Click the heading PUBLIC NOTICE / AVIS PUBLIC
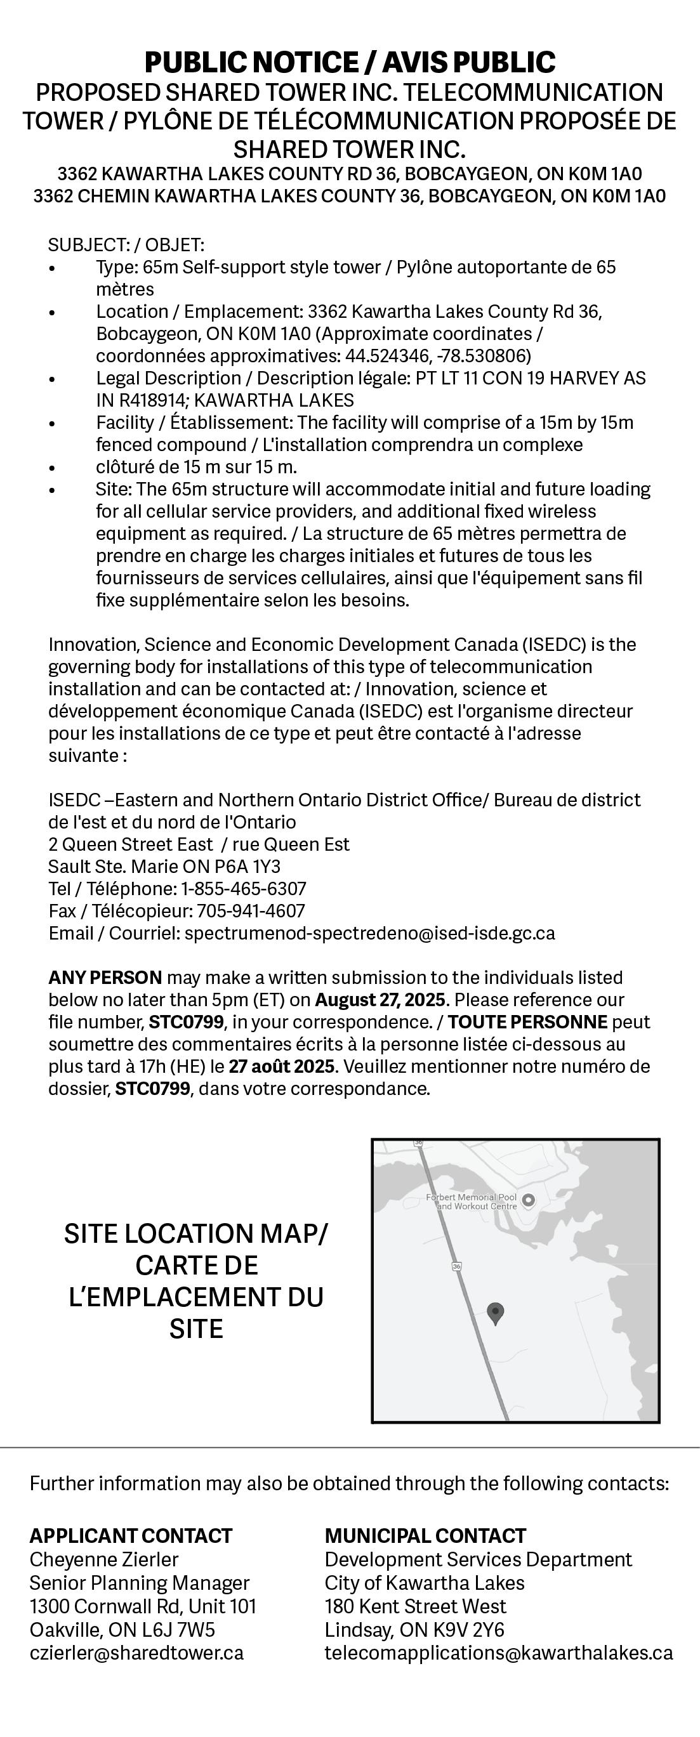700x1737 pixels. click(x=350, y=63)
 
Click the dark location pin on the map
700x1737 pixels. click(x=496, y=1312)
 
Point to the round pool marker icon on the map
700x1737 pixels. click(x=529, y=1200)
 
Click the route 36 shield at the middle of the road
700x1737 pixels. click(x=456, y=1267)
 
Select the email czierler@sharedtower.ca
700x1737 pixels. click(x=136, y=1652)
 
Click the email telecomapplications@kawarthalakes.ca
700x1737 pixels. click(x=498, y=1652)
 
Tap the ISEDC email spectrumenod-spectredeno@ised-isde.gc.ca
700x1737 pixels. click(x=369, y=933)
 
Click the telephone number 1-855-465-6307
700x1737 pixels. click(x=244, y=889)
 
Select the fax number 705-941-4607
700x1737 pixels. click(x=251, y=911)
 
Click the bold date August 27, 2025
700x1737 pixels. click(x=380, y=999)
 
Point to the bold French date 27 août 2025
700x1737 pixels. click(x=281, y=1066)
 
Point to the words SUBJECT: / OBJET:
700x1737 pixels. click(x=126, y=245)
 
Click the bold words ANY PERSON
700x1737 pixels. click(x=105, y=977)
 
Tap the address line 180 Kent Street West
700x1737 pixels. click(x=416, y=1606)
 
